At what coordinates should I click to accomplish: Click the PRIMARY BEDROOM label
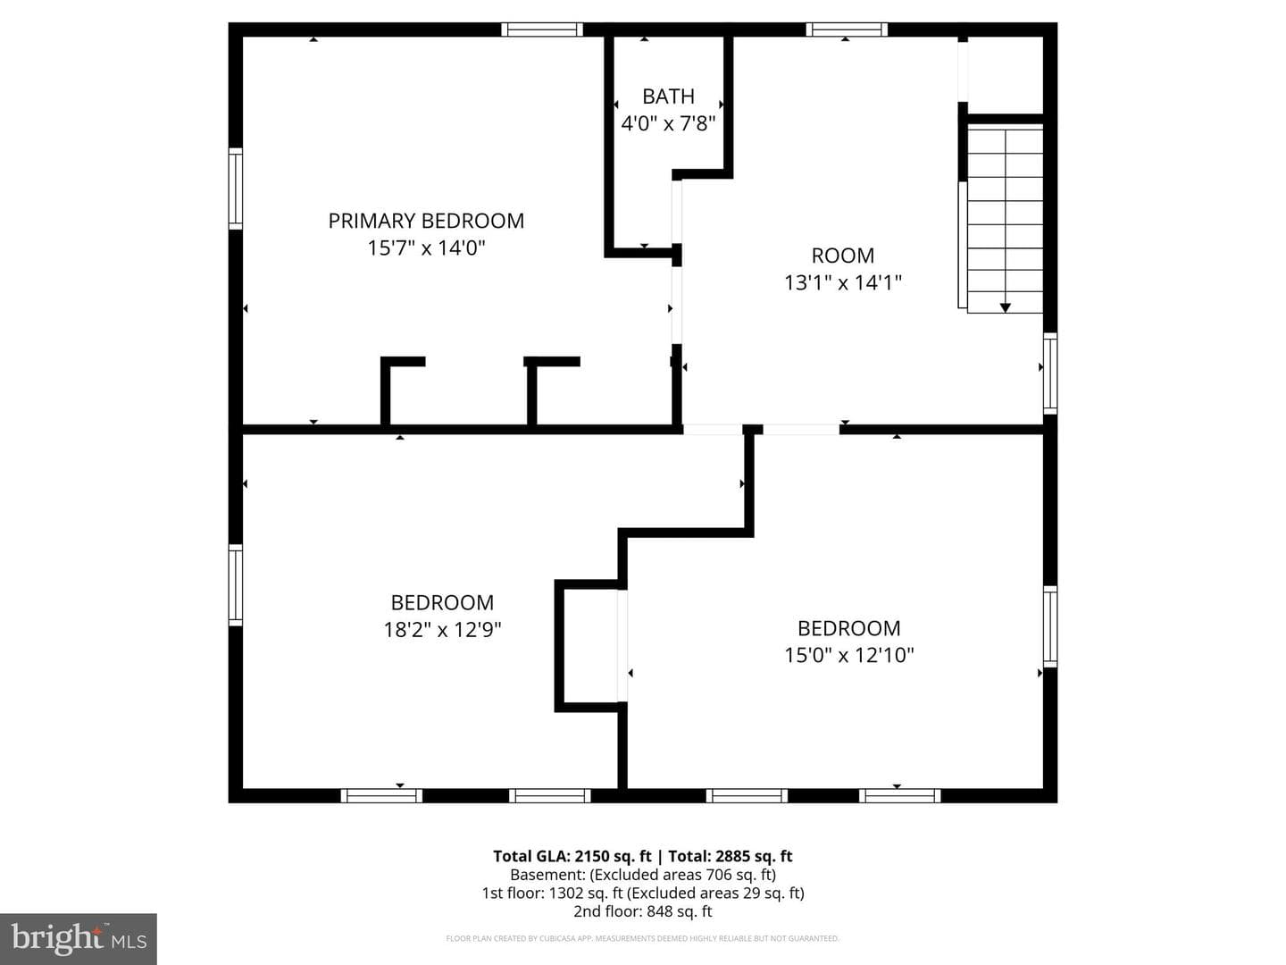pyautogui.click(x=426, y=221)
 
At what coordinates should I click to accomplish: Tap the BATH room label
pyautogui.click(x=669, y=96)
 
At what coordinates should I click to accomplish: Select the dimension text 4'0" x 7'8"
pyautogui.click(x=669, y=123)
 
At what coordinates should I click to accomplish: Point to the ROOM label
pyautogui.click(x=842, y=256)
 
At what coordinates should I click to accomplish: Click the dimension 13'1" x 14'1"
pyautogui.click(x=842, y=283)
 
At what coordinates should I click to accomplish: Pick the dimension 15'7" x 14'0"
pyautogui.click(x=426, y=248)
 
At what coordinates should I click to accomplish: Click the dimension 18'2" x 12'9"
pyautogui.click(x=442, y=630)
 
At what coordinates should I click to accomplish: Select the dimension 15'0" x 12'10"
pyautogui.click(x=849, y=655)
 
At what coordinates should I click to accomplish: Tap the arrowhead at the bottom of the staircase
pyautogui.click(x=1006, y=307)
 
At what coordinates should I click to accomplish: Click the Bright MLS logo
pyautogui.click(x=79, y=938)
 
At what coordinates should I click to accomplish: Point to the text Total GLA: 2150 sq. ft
pyautogui.click(x=572, y=856)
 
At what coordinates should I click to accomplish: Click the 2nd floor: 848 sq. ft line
pyautogui.click(x=643, y=911)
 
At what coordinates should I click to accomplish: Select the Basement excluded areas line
pyautogui.click(x=643, y=875)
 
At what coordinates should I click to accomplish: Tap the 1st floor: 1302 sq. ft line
pyautogui.click(x=643, y=893)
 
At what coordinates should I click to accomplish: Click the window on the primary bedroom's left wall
pyautogui.click(x=236, y=188)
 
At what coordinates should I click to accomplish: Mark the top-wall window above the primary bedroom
pyautogui.click(x=542, y=29)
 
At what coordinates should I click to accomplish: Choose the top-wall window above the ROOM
pyautogui.click(x=847, y=29)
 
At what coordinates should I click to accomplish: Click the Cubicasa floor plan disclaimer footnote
pyautogui.click(x=643, y=938)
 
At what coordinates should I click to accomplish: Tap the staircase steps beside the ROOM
pyautogui.click(x=1004, y=219)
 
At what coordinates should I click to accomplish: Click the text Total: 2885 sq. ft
pyautogui.click(x=730, y=856)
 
